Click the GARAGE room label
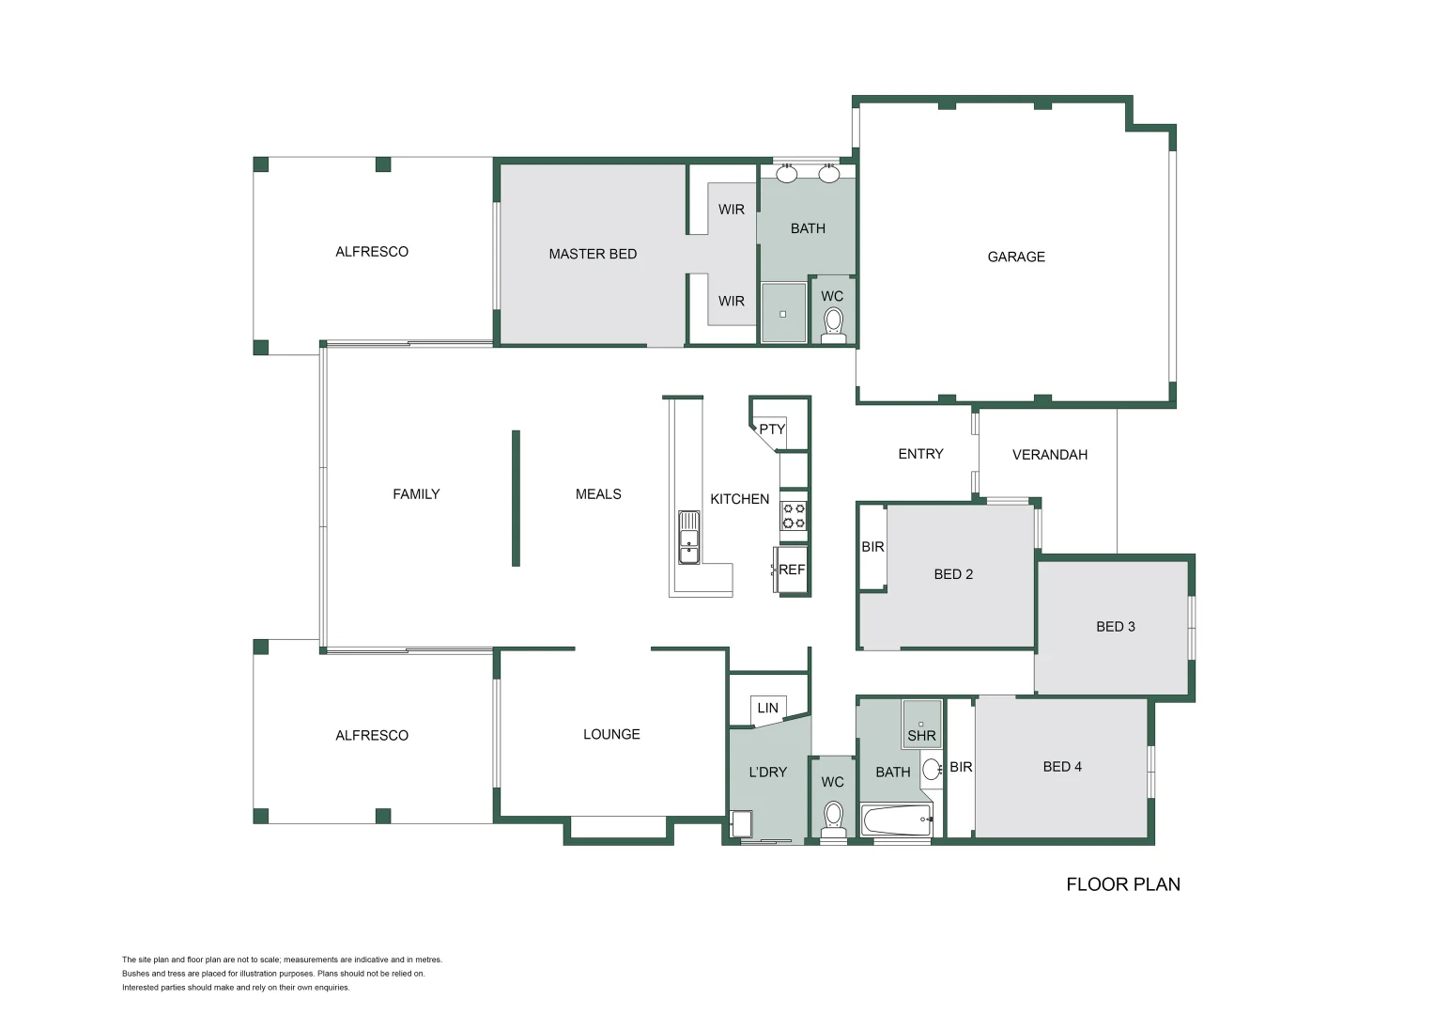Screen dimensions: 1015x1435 pyautogui.click(x=1016, y=257)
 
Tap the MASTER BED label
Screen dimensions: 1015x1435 pyautogui.click(x=593, y=254)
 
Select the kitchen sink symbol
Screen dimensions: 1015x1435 pyautogui.click(x=689, y=538)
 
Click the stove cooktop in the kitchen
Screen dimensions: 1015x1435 pyautogui.click(x=794, y=516)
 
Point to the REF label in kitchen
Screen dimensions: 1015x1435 pyautogui.click(x=792, y=570)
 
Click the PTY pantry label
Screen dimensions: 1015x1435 pyautogui.click(x=772, y=429)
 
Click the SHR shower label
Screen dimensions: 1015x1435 pyautogui.click(x=921, y=736)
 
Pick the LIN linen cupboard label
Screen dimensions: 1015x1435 pyautogui.click(x=767, y=708)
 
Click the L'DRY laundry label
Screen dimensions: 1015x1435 pyautogui.click(x=767, y=773)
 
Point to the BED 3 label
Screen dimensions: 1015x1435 pyautogui.click(x=1116, y=627)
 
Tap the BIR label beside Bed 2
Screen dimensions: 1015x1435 pyautogui.click(x=872, y=547)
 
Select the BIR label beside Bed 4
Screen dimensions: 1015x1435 pyautogui.click(x=961, y=767)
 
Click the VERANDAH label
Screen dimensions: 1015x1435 pyautogui.click(x=1049, y=455)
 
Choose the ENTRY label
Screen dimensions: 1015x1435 pyautogui.click(x=920, y=454)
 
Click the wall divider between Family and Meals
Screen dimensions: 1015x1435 pyautogui.click(x=516, y=498)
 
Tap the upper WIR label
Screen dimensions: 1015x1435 pyautogui.click(x=731, y=210)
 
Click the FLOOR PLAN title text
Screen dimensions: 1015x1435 pyautogui.click(x=1123, y=884)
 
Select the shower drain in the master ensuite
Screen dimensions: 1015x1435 pyautogui.click(x=782, y=314)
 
